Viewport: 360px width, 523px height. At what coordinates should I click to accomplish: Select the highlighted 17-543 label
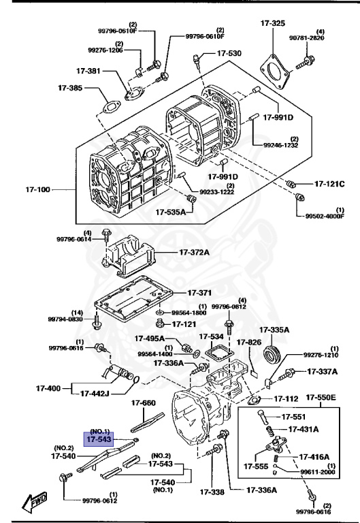[x=98, y=439]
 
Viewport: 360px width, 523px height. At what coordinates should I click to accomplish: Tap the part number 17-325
[x=272, y=24]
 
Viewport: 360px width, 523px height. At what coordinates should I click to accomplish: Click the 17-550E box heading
[x=318, y=397]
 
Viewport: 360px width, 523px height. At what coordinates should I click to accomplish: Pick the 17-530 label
[x=229, y=52]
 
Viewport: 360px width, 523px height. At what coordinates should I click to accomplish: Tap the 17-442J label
[x=101, y=393]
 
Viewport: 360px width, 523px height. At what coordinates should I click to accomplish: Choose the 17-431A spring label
[x=307, y=429]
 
